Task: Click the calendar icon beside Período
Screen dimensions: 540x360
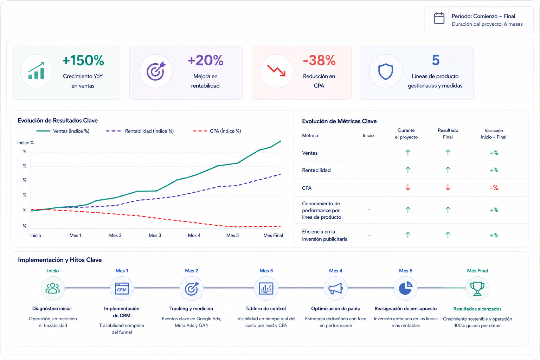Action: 439,18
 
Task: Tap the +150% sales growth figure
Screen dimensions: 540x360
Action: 83,60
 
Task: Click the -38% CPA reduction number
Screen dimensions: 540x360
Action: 319,60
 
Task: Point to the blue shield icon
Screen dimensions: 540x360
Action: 385,71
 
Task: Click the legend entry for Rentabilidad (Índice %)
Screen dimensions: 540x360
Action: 140,131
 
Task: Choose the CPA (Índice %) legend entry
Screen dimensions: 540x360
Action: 217,131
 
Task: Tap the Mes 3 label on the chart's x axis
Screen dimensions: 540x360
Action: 155,235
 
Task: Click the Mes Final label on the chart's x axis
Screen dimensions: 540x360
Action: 273,235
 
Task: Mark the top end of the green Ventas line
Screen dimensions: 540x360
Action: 280,141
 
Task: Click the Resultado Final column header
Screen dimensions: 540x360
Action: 448,134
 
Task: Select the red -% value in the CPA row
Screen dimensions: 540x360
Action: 494,188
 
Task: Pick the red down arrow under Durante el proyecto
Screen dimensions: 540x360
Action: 408,187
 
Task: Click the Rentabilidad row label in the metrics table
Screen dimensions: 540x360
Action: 316,170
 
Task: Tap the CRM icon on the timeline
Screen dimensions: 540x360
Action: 122,288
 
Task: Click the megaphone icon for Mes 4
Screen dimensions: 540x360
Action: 335,288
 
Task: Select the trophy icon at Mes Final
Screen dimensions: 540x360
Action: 477,288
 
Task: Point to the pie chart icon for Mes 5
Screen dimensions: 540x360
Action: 405,288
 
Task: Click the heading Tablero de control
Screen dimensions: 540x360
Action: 265,309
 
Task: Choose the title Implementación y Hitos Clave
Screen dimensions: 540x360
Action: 60,260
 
